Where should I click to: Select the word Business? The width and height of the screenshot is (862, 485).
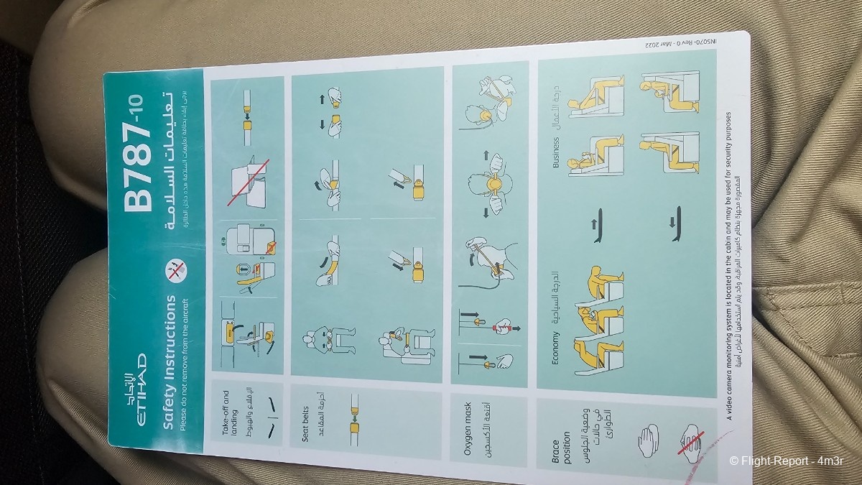555,151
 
